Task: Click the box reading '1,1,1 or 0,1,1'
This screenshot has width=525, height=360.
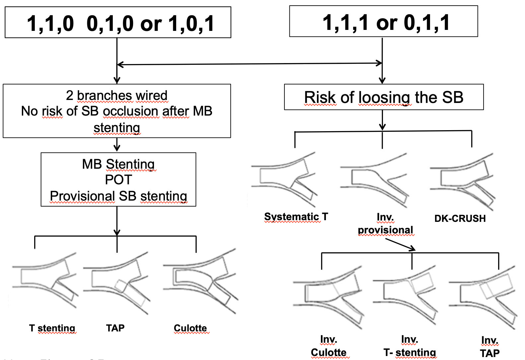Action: (383, 22)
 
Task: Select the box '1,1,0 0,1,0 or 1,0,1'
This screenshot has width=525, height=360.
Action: (118, 23)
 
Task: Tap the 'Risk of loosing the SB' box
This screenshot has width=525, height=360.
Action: (384, 97)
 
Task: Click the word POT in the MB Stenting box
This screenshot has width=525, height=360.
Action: (118, 180)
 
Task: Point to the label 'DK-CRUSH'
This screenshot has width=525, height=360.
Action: (460, 219)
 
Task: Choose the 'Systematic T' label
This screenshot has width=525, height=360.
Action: (296, 217)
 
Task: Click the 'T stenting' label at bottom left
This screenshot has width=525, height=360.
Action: (52, 328)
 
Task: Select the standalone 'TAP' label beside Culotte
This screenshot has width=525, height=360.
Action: (115, 328)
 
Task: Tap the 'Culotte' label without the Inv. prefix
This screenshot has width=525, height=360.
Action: (190, 328)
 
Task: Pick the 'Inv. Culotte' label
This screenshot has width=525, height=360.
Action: (329, 346)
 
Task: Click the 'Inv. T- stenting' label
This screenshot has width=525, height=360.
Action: (410, 346)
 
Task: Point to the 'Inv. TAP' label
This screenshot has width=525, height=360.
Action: (489, 346)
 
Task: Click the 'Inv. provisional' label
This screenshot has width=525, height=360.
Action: (385, 224)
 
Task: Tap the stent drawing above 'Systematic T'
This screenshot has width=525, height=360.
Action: (284, 179)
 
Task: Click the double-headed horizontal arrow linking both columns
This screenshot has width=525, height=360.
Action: (250, 64)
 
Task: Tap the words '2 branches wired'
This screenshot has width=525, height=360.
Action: (117, 95)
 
